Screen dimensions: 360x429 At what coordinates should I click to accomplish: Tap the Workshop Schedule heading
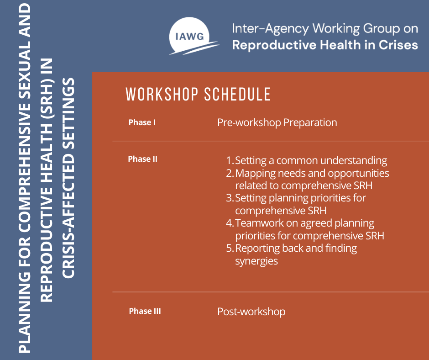198,94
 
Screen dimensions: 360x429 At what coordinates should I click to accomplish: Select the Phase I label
142,122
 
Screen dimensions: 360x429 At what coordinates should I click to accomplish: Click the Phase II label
142,159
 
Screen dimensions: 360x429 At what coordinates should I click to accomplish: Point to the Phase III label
145,311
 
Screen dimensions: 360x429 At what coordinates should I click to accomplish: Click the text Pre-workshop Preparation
277,122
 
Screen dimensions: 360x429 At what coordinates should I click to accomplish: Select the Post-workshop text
251,312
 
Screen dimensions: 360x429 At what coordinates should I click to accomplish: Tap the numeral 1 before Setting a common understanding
229,161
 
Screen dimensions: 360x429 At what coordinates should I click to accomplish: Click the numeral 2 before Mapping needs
229,174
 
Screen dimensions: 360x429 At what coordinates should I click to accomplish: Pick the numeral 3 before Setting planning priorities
229,198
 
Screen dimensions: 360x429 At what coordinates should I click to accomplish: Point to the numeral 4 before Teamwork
229,223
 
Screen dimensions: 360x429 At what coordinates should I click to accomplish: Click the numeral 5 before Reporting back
229,249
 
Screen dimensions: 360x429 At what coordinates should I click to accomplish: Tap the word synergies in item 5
256,261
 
